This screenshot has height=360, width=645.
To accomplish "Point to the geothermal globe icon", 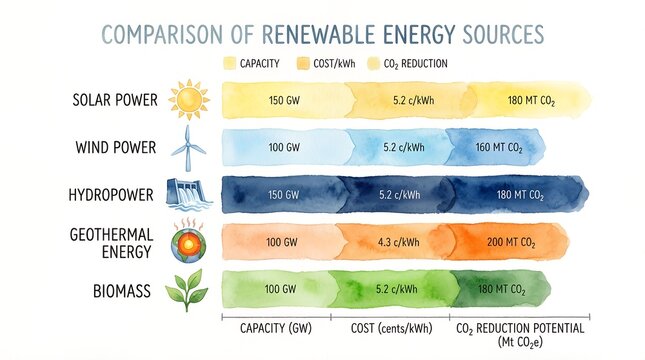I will click(187, 241).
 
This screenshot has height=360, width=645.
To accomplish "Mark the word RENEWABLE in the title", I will click(319, 35).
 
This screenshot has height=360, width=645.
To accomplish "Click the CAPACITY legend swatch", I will click(229, 63).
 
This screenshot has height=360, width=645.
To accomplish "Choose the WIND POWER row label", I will click(115, 148).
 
